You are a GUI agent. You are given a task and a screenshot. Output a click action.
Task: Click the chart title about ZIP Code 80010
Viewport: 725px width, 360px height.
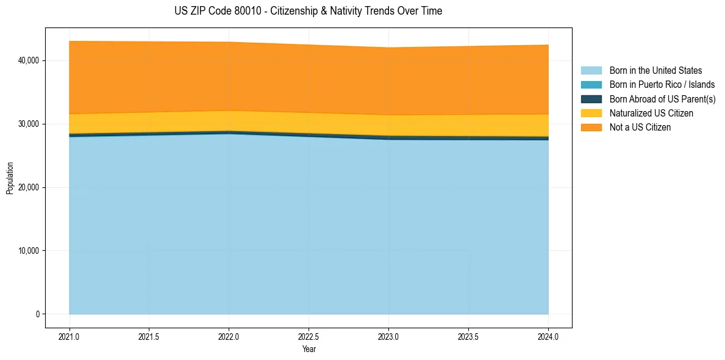[x=308, y=11]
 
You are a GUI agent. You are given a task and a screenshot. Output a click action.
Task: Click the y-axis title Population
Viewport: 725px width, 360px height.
[x=10, y=178]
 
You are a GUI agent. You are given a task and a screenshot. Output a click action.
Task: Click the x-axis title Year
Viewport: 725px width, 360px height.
[x=309, y=349]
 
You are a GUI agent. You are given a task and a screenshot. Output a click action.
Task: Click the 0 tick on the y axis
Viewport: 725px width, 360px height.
[x=37, y=314]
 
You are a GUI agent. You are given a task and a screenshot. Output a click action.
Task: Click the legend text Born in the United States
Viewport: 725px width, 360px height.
[x=655, y=71]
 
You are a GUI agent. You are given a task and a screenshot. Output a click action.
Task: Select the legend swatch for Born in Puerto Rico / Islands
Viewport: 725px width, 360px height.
[x=591, y=85]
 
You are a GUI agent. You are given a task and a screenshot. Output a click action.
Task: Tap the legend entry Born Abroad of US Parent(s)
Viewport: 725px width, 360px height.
[x=662, y=99]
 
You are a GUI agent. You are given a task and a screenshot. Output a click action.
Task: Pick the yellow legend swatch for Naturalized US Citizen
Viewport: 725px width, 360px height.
[x=591, y=113]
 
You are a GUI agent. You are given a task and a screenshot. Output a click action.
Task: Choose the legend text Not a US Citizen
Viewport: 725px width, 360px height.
[x=640, y=128]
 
